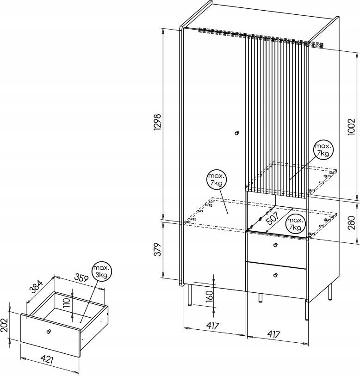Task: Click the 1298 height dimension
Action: pyautogui.click(x=158, y=122)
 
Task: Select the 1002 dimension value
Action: pyautogui.click(x=351, y=127)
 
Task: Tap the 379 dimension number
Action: pyautogui.click(x=158, y=250)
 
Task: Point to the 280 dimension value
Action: pyautogui.click(x=351, y=223)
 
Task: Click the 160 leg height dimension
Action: pyautogui.click(x=209, y=296)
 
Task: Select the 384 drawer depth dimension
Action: pyautogui.click(x=37, y=287)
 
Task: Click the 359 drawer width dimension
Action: pyautogui.click(x=81, y=277)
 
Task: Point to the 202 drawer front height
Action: pyautogui.click(x=4, y=325)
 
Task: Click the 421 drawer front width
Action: pyautogui.click(x=47, y=359)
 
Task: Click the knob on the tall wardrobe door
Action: pyautogui.click(x=237, y=133)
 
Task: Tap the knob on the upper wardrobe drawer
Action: pyautogui.click(x=275, y=245)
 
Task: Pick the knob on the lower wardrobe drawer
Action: pyautogui.click(x=275, y=275)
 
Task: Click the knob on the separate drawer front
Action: pyautogui.click(x=49, y=331)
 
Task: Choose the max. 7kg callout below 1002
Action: pyautogui.click(x=323, y=150)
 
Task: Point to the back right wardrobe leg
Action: pyautogui.click(x=330, y=291)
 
